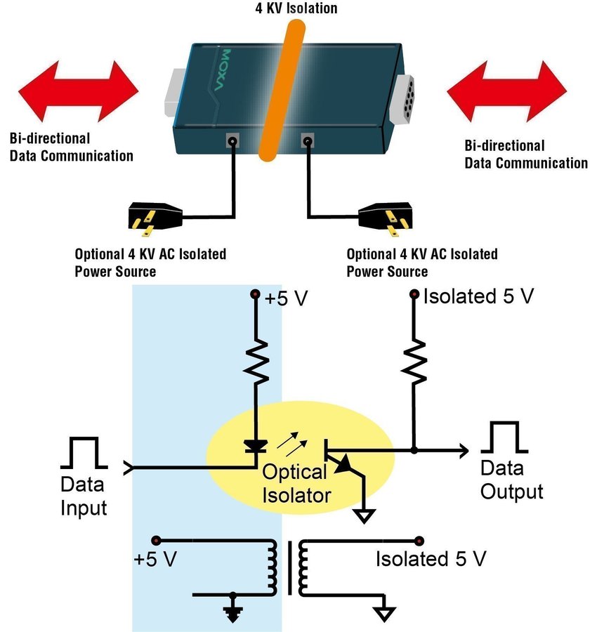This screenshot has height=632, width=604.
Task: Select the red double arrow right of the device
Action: pyautogui.click(x=506, y=91)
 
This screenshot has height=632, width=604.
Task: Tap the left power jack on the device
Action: pyautogui.click(x=231, y=140)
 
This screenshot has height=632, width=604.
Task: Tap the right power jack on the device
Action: pyautogui.click(x=307, y=141)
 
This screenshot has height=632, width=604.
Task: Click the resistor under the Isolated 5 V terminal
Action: pyautogui.click(x=415, y=361)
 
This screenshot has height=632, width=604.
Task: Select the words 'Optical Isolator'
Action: pyautogui.click(x=296, y=484)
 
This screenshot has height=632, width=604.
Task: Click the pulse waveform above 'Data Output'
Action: pyautogui.click(x=504, y=437)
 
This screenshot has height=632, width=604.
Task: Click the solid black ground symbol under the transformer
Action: pyautogui.click(x=231, y=612)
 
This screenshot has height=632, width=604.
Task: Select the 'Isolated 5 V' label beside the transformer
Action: pyautogui.click(x=431, y=560)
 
